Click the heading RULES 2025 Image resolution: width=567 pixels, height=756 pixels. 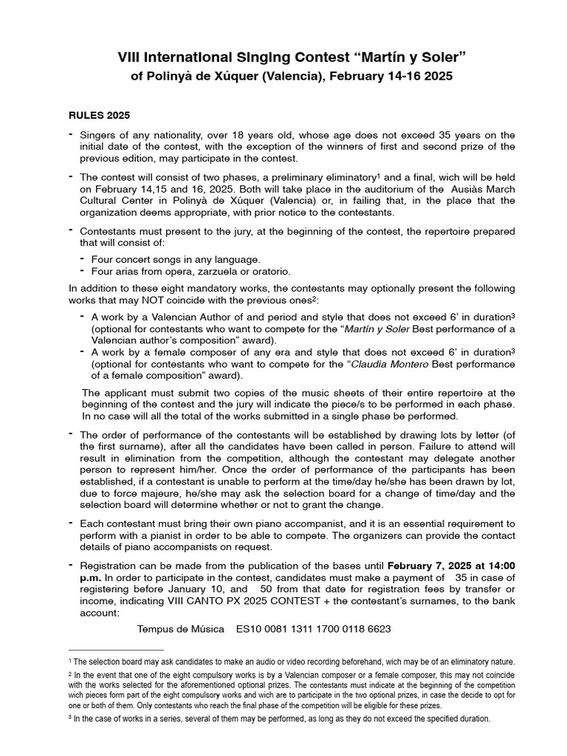tap(99, 116)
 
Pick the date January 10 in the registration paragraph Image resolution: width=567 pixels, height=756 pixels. tap(202, 590)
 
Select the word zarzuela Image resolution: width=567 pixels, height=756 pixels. tap(207, 272)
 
